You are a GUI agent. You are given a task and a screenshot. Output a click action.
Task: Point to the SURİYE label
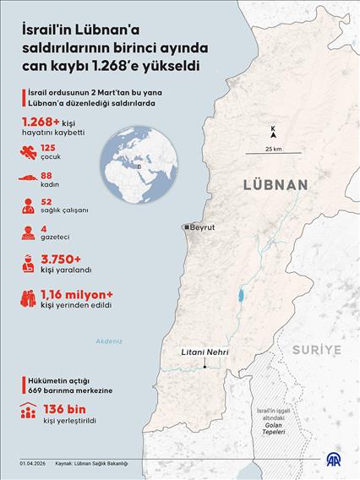315,348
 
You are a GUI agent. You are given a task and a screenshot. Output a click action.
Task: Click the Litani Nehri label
205,354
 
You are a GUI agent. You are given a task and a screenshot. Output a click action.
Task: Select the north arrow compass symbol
273,131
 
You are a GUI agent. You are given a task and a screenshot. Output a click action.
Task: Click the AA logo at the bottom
335,461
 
